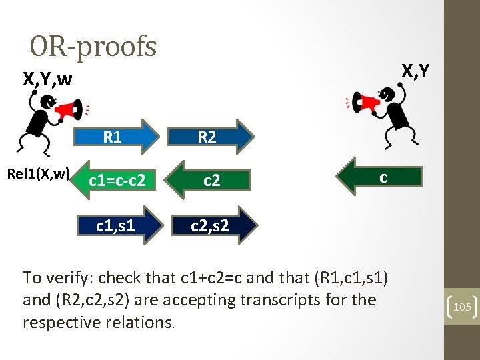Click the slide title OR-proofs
pyautogui.click(x=93, y=47)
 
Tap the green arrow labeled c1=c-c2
pyautogui.click(x=117, y=179)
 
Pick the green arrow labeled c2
pyautogui.click(x=211, y=179)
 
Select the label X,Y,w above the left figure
pyautogui.click(x=47, y=79)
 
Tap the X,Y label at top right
pyautogui.click(x=415, y=70)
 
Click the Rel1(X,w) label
pyautogui.click(x=39, y=175)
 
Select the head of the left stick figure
pyautogui.click(x=47, y=102)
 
